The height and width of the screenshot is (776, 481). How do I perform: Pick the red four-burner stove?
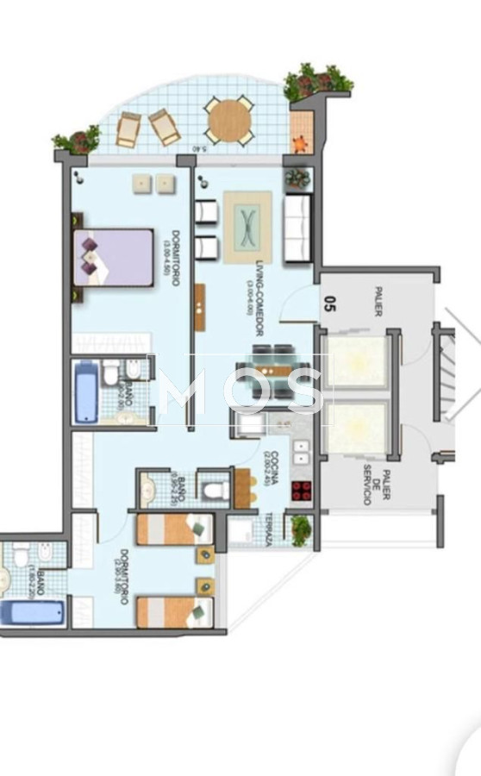pyautogui.click(x=301, y=491)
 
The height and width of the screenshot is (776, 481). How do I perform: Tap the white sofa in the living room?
pyautogui.click(x=297, y=228)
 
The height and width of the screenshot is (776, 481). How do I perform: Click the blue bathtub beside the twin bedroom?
pyautogui.click(x=32, y=613)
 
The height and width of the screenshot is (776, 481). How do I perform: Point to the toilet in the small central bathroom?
pyautogui.click(x=213, y=491)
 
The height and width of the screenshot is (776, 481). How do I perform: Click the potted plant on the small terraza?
pyautogui.click(x=301, y=529)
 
